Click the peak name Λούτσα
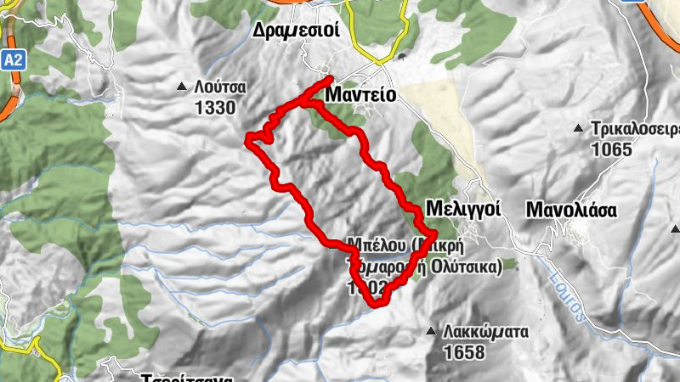[219, 87]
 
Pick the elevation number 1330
[214, 107]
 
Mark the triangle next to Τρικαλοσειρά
[578, 129]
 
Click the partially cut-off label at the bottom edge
[183, 377]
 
